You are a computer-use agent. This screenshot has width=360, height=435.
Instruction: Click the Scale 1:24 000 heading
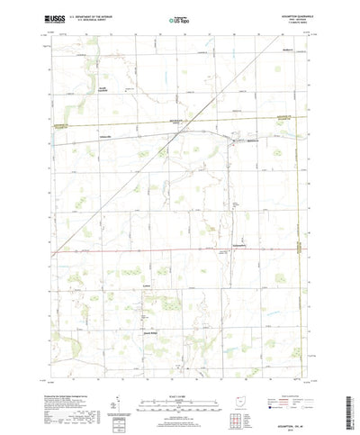pyautogui.click(x=179, y=368)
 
